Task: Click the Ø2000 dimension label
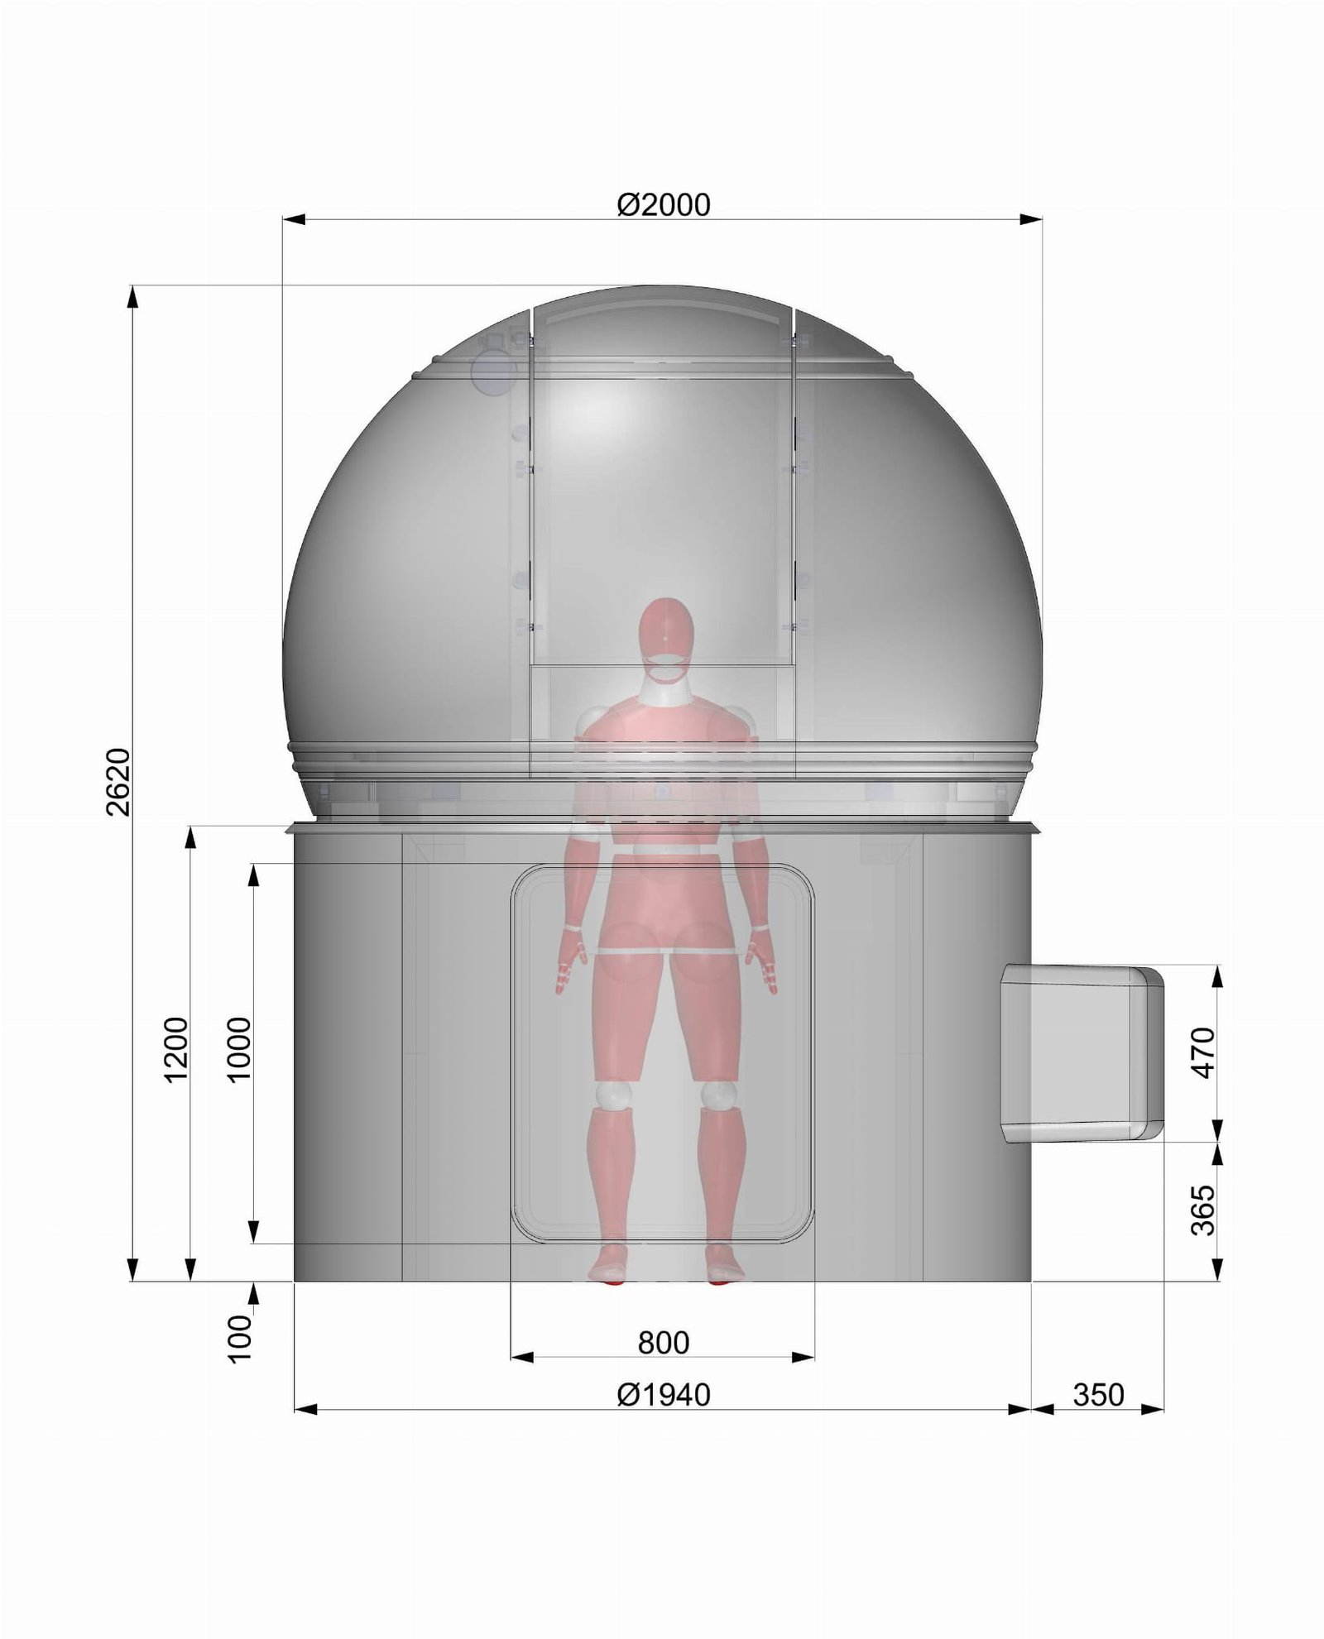tap(664, 204)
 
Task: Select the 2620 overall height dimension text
tap(118, 782)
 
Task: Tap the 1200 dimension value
tap(176, 1050)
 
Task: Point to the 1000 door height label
tap(238, 1050)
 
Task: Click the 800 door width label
tap(664, 1343)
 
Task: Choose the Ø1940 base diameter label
tap(664, 1396)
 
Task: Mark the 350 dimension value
tap(1099, 1396)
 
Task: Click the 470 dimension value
tap(1203, 1052)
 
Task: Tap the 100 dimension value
tap(238, 1339)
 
